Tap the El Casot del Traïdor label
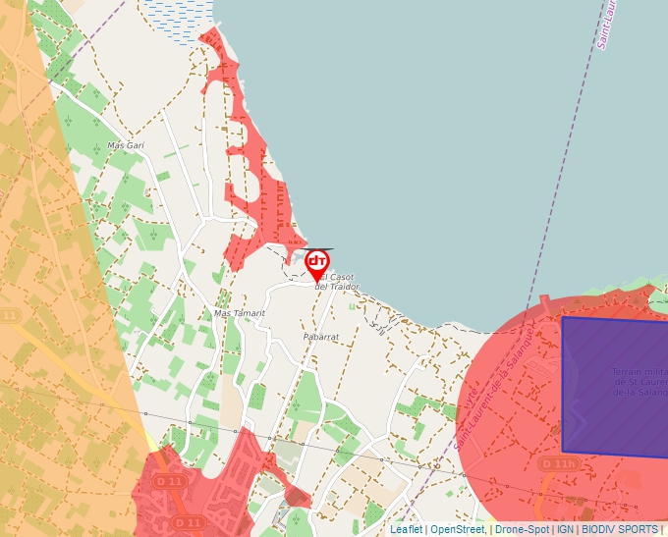tap(337, 282)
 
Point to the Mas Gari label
tap(126, 145)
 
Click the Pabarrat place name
tap(320, 336)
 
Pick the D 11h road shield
tap(558, 463)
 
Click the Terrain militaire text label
tap(639, 382)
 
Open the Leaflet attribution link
tap(406, 529)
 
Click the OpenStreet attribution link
tap(457, 529)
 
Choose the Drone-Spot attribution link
tap(521, 529)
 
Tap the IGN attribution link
tap(565, 529)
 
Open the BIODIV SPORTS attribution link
tap(619, 529)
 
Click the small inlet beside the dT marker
tap(292, 257)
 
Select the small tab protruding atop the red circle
tap(544, 301)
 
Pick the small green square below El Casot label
tap(352, 305)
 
